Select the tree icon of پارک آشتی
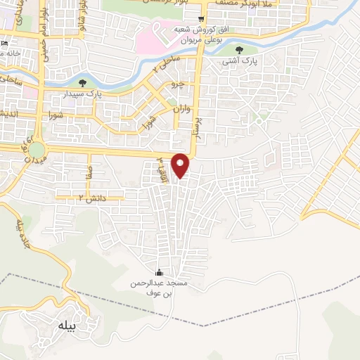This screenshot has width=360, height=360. coord(240,49)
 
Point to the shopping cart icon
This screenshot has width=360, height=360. coord(202,19)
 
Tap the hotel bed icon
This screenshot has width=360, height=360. coord(5,44)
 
